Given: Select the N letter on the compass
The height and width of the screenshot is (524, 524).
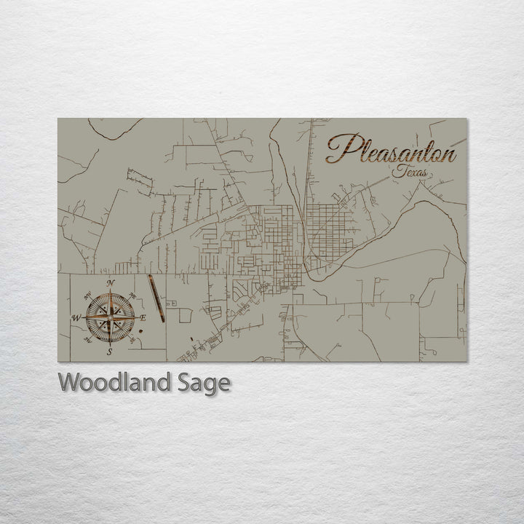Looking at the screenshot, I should click(110, 282).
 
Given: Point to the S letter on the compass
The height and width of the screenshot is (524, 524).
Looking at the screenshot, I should click(109, 352).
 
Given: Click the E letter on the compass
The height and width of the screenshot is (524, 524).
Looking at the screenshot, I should click(143, 318).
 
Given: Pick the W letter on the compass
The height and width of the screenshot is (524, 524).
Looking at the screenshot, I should click(75, 318).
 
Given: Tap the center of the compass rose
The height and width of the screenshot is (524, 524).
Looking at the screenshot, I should click(109, 317).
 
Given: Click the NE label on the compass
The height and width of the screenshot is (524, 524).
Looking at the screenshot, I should click(133, 295).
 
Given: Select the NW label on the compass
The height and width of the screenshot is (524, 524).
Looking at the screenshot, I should click(87, 295).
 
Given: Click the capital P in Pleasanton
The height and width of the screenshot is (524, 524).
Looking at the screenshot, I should click(341, 149).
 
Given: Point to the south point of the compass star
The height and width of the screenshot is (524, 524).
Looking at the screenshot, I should click(109, 343).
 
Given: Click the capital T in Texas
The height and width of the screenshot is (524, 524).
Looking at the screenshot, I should click(395, 172).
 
